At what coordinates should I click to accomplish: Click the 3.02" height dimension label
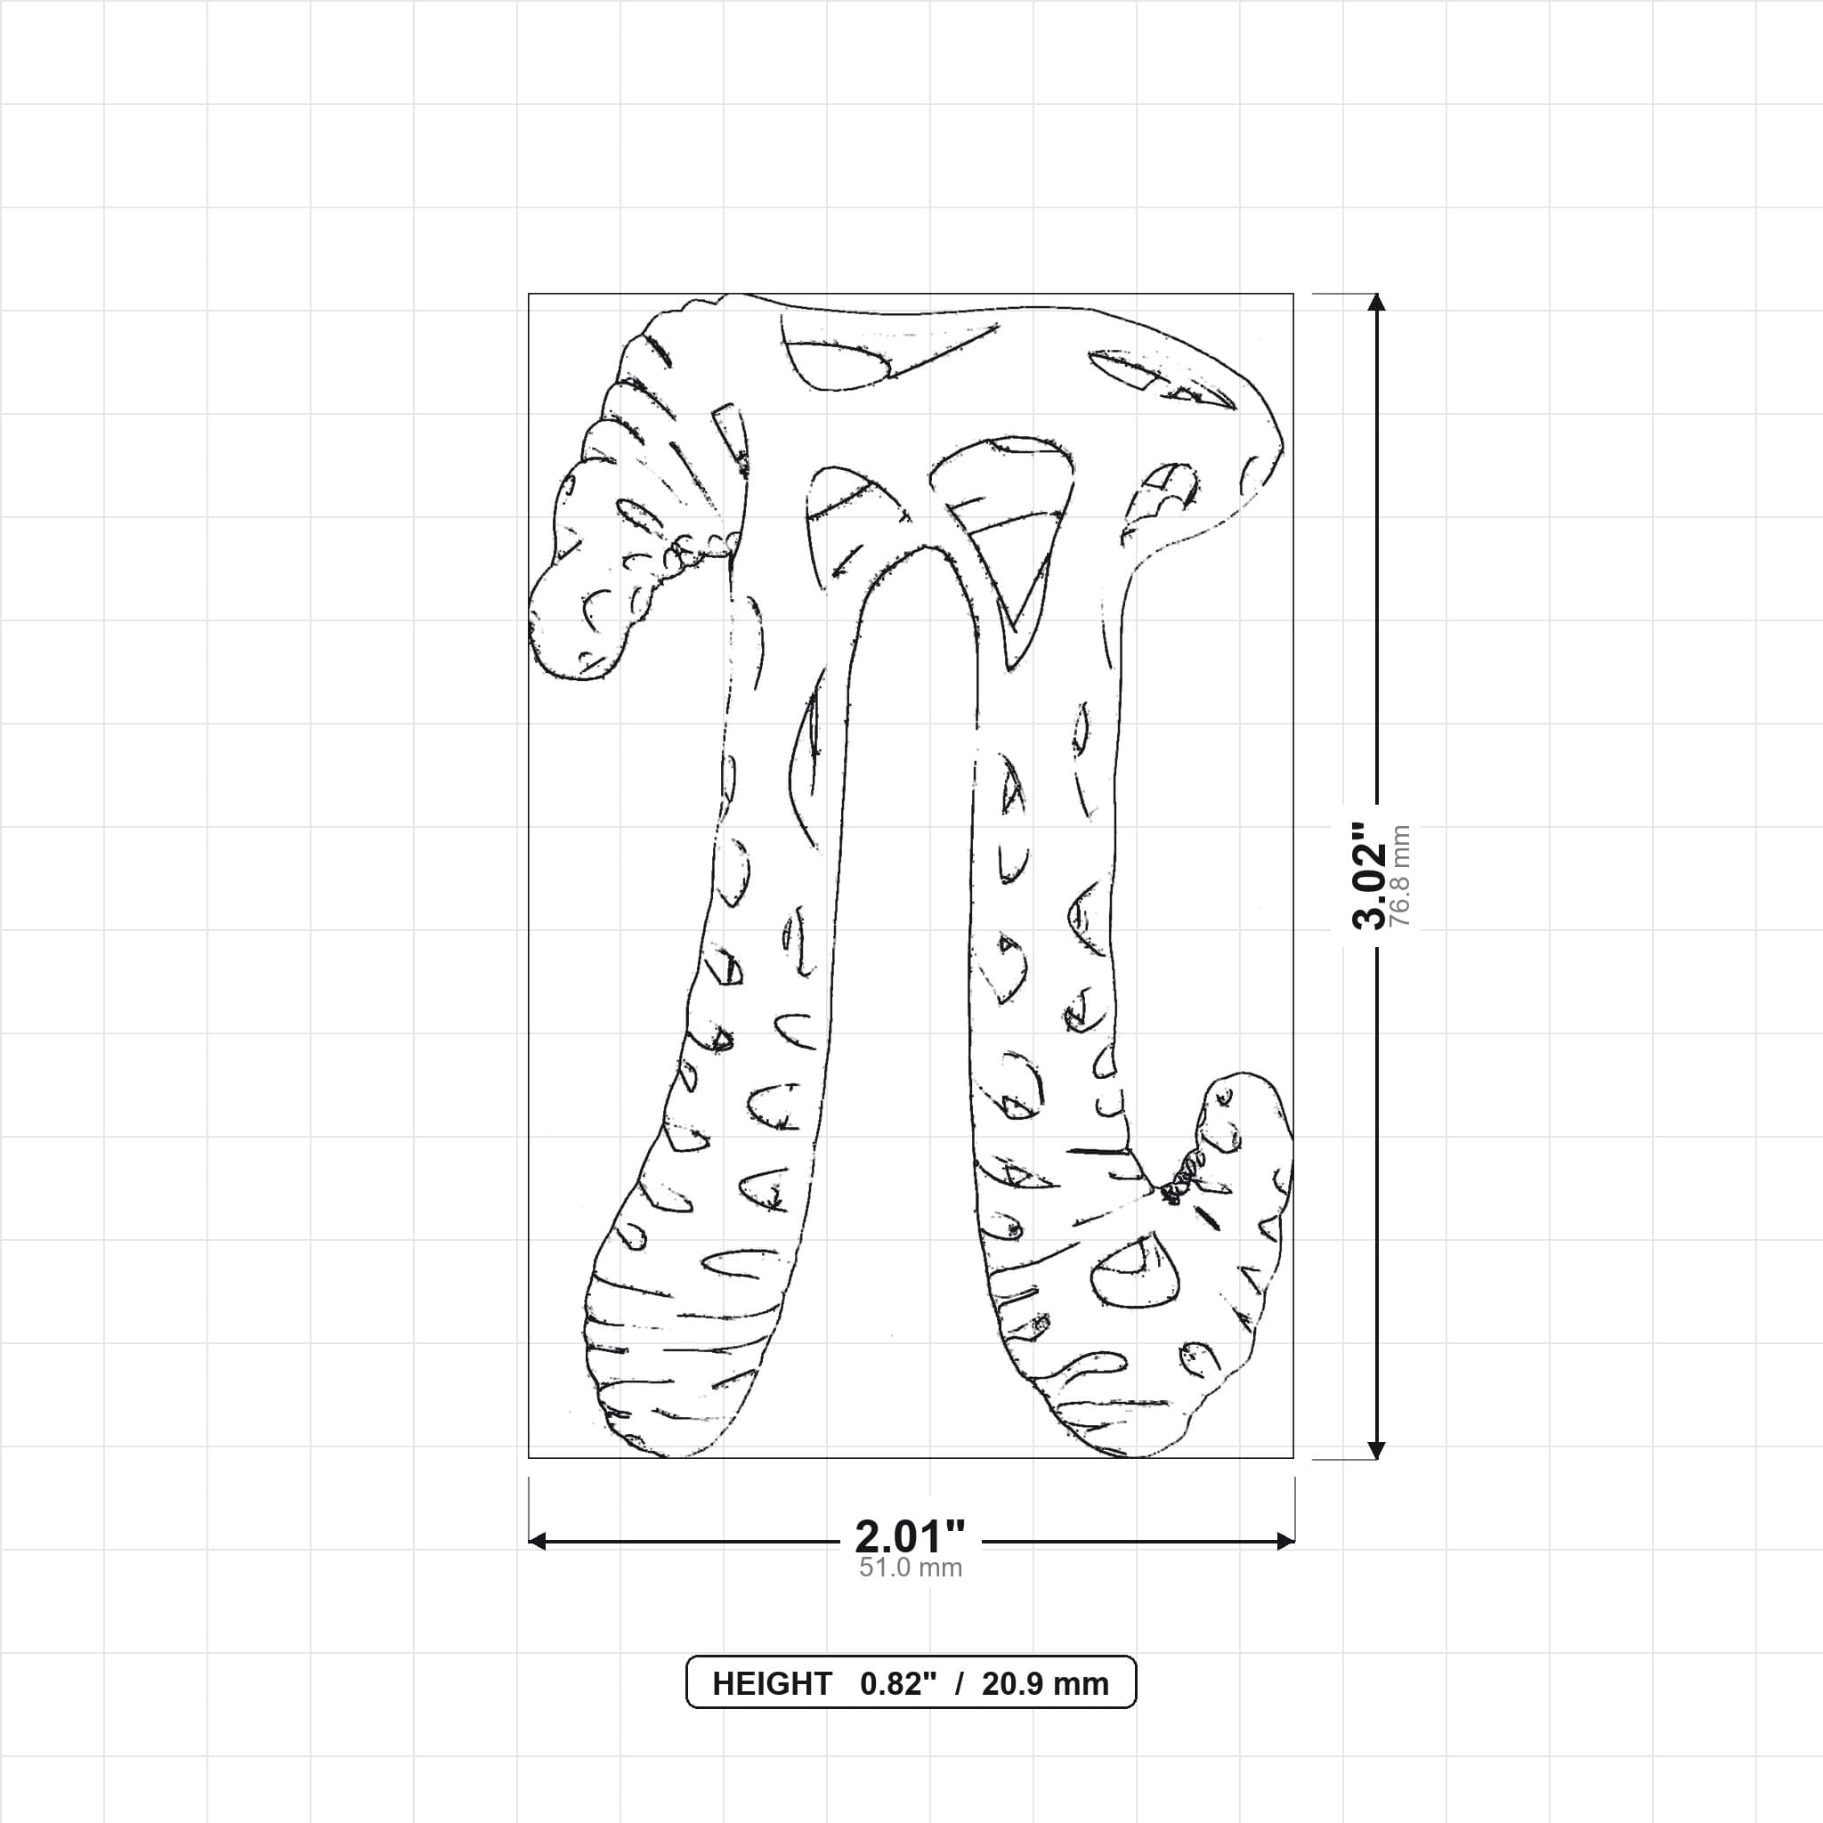coord(1369,876)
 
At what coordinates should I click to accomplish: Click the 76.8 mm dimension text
coord(1400,877)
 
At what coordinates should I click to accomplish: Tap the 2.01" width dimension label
coord(911,1537)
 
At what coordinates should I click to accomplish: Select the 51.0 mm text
coord(911,1568)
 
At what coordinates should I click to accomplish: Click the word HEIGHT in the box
coord(772,1684)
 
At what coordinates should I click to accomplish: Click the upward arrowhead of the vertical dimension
coord(1377,302)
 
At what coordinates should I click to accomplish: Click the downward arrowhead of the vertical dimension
coord(1377,1450)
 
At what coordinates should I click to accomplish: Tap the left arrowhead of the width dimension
coord(538,1542)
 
